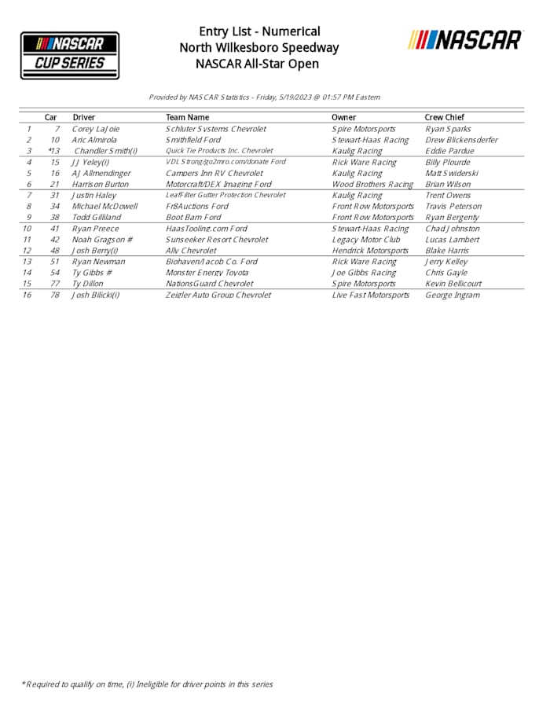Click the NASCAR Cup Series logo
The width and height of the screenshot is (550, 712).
pyautogui.click(x=70, y=55)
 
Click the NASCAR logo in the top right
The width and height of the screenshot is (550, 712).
pyautogui.click(x=465, y=40)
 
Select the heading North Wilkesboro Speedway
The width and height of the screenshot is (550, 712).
pyautogui.click(x=259, y=47)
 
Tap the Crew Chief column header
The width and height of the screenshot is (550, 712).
pyautogui.click(x=444, y=117)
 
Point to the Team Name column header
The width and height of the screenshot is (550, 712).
pyautogui.click(x=187, y=117)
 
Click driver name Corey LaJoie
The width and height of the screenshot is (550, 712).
pyautogui.click(x=96, y=129)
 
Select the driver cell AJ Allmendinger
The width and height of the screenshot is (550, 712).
pyautogui.click(x=101, y=173)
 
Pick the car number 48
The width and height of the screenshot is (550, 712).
pyautogui.click(x=55, y=251)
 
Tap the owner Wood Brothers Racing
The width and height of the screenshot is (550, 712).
pyautogui.click(x=372, y=184)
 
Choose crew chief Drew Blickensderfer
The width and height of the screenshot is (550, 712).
pyautogui.click(x=461, y=140)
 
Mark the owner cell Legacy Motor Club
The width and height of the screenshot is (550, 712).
pyautogui.click(x=366, y=240)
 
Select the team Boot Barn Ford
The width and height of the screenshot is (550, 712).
pyautogui.click(x=193, y=217)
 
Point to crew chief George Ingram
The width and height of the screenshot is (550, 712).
pyautogui.click(x=452, y=295)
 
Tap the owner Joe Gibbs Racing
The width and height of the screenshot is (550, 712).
pyautogui.click(x=364, y=273)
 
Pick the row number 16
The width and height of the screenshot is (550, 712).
pyautogui.click(x=27, y=295)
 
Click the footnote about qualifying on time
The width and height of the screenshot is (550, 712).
pyautogui.click(x=147, y=684)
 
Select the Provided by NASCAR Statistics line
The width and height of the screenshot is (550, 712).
pyautogui.click(x=264, y=97)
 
